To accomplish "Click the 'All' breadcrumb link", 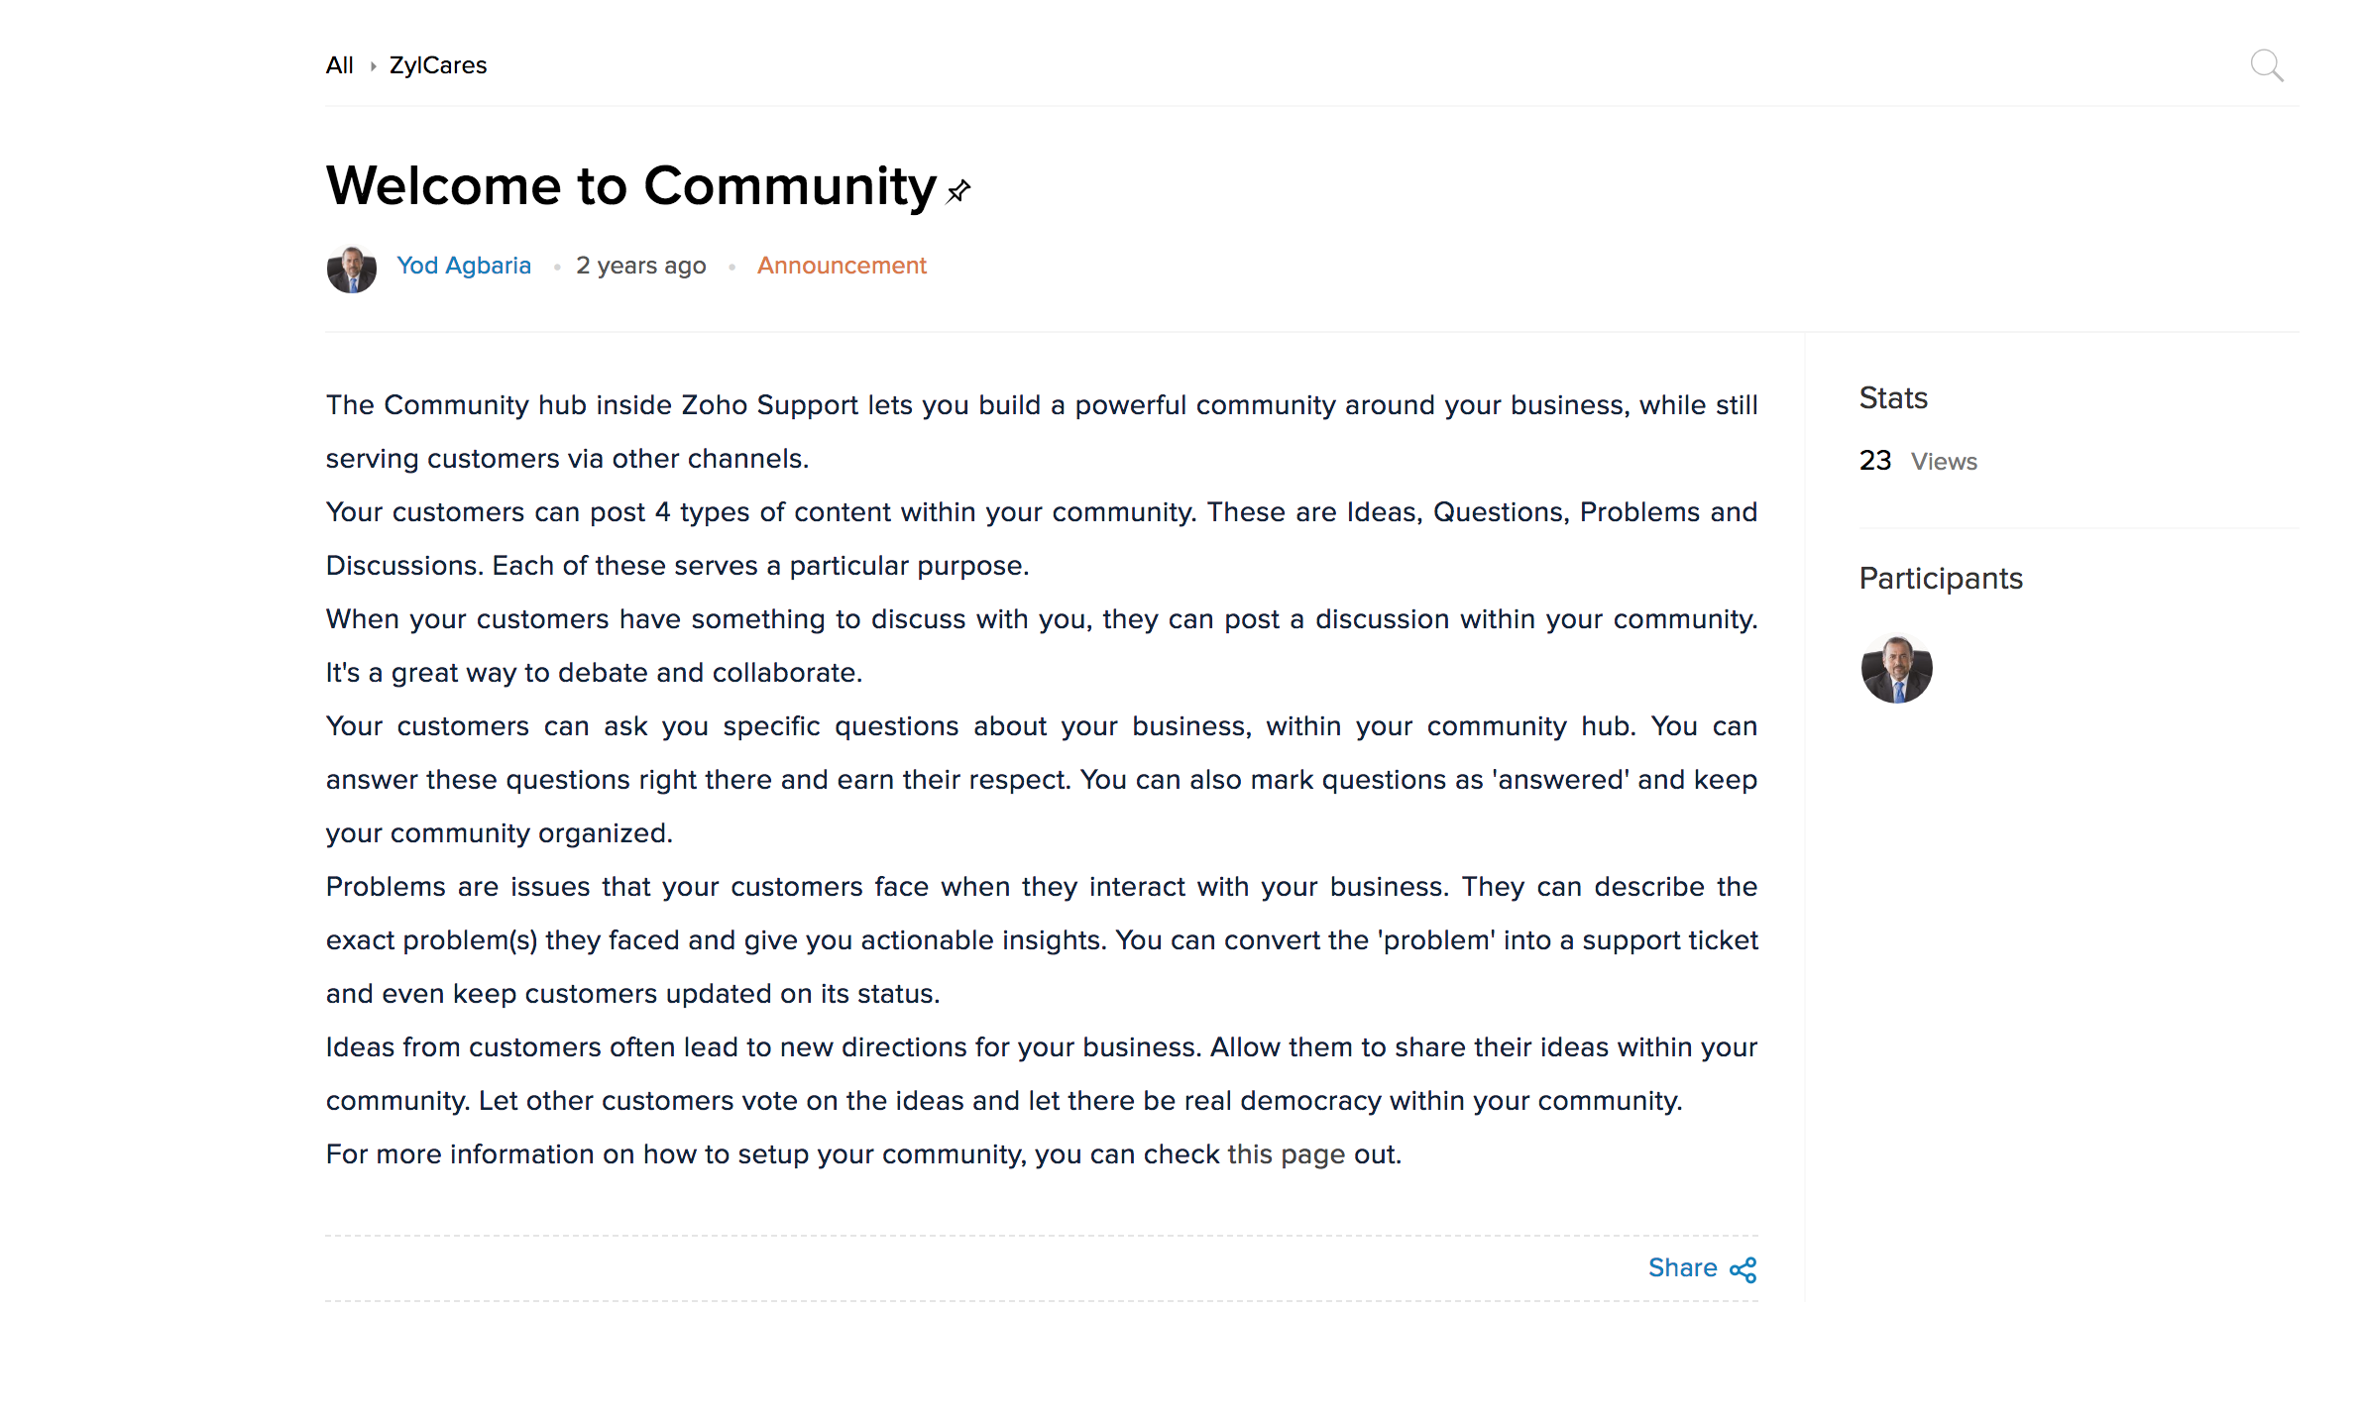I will coord(339,65).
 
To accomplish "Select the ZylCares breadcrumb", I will coord(437,65).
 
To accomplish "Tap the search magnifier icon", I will coord(2266,65).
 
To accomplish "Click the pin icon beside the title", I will coord(958,190).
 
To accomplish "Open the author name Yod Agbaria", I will coord(463,266).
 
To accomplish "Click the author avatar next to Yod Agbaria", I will coord(352,269).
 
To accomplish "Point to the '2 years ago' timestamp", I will coord(640,266).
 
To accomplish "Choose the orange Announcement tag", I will coord(842,266).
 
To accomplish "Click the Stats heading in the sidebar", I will coord(1892,398).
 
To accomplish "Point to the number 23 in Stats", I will coord(1874,461).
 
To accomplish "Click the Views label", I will coord(1944,462).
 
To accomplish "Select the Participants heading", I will coord(1940,579).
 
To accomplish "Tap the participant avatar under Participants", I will coord(1896,669).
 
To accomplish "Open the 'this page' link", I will coord(1286,1154).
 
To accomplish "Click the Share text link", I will coord(1682,1268).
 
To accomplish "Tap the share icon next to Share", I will coord(1744,1269).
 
